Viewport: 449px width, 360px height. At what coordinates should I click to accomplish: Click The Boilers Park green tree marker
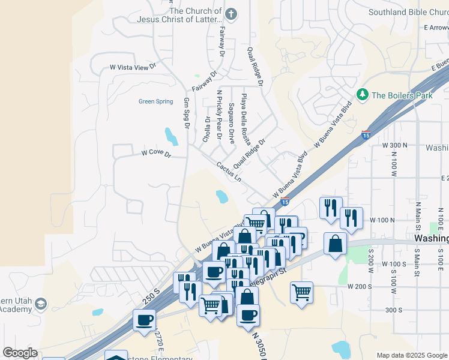362,95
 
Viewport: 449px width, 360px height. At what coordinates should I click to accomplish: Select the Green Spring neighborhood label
155,101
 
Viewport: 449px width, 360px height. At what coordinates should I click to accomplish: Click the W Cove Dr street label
156,154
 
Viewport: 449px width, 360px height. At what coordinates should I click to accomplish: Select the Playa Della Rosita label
245,119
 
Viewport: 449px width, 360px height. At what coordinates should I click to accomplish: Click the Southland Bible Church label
407,11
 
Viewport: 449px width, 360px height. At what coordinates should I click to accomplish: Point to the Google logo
20,353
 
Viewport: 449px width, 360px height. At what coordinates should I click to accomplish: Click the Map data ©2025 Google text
411,355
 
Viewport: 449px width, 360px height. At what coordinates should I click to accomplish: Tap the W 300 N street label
394,145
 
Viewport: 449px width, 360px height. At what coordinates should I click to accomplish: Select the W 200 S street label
360,287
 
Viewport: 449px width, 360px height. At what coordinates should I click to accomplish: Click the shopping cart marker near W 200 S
301,293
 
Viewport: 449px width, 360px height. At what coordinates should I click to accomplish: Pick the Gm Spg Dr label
187,113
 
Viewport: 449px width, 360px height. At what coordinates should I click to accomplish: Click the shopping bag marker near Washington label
335,244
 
